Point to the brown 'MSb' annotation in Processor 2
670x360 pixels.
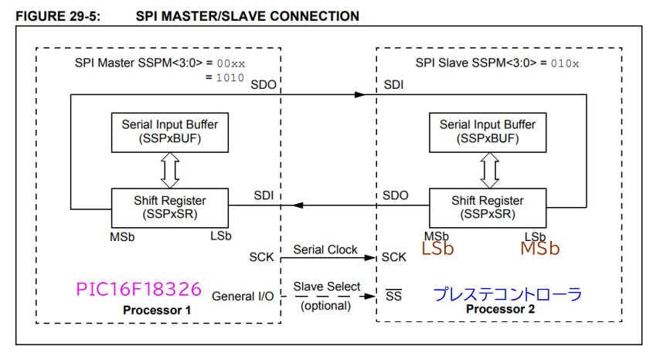pos(539,250)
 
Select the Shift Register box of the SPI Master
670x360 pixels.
pos(160,205)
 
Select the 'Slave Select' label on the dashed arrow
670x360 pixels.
pos(328,287)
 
